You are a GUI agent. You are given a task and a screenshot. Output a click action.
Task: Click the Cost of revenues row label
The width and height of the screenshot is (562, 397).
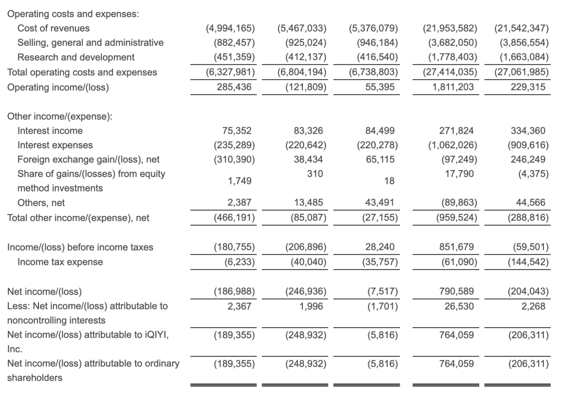53,28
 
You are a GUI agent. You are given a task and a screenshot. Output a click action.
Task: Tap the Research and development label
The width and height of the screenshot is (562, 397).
76,57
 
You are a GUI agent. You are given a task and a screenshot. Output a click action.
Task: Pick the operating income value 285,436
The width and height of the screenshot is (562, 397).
234,87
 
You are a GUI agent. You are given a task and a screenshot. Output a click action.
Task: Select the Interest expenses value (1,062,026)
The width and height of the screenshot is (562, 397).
450,145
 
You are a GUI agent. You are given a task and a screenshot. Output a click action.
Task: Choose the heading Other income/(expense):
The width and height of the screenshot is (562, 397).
60,116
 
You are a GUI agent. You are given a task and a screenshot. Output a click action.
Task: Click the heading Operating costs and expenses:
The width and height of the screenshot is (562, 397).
73,14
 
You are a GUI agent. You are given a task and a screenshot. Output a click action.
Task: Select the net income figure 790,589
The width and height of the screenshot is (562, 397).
456,292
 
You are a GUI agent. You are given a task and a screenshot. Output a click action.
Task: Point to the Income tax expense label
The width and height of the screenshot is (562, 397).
60,262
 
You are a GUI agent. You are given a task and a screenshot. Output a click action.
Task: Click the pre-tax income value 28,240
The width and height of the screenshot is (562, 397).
381,247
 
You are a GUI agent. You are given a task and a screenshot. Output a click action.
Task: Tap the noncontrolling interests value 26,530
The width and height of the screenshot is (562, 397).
459,306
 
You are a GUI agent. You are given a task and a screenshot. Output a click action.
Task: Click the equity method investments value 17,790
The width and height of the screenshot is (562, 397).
459,174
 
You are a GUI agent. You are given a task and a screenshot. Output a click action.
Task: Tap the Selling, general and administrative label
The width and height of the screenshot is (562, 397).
91,43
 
